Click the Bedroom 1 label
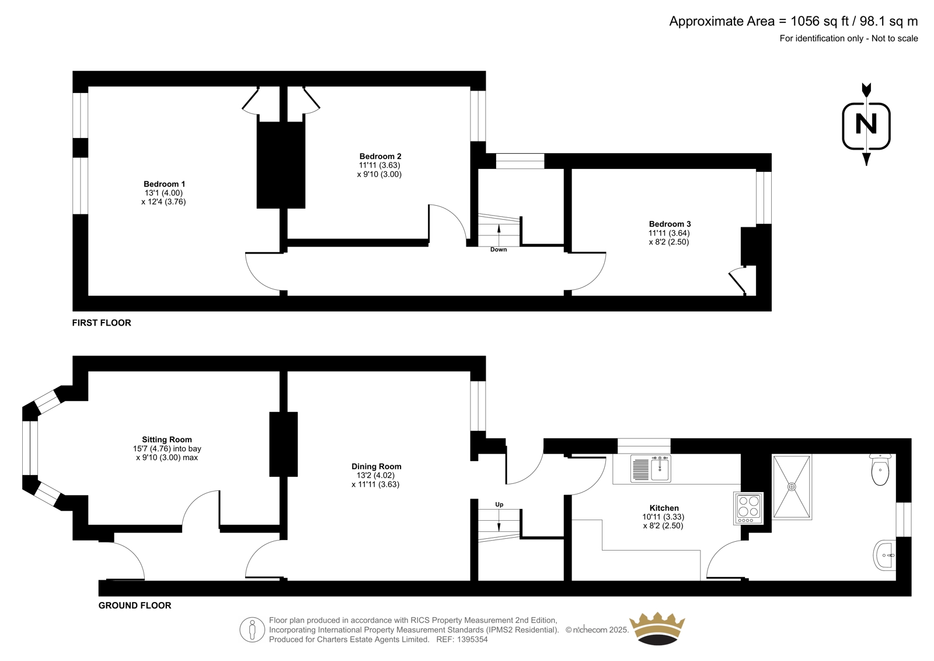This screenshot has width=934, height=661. coord(164,184)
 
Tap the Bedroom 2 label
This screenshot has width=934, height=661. coord(380,157)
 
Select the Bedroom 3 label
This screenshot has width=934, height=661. coord(670,224)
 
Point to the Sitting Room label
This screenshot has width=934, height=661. coord(167,439)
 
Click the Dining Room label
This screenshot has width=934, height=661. coord(376,466)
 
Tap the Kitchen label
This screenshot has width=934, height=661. coord(664,508)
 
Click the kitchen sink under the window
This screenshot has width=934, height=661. coord(650,469)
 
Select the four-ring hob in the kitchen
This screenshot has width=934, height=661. coord(748,508)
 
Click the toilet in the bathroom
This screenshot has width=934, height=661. coord(880,470)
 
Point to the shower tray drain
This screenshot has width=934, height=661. coord(792,487)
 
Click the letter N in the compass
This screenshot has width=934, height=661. coord(866,124)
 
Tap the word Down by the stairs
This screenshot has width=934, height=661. coord(499,250)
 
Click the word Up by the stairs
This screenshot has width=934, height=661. coord(499,504)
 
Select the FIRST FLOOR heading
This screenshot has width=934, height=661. coord(102,323)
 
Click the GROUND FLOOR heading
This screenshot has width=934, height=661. coord(135,605)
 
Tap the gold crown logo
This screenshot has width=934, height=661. coord(657,629)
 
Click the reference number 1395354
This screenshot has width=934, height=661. coord(472,639)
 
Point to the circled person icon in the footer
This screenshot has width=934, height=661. coord(252,629)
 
